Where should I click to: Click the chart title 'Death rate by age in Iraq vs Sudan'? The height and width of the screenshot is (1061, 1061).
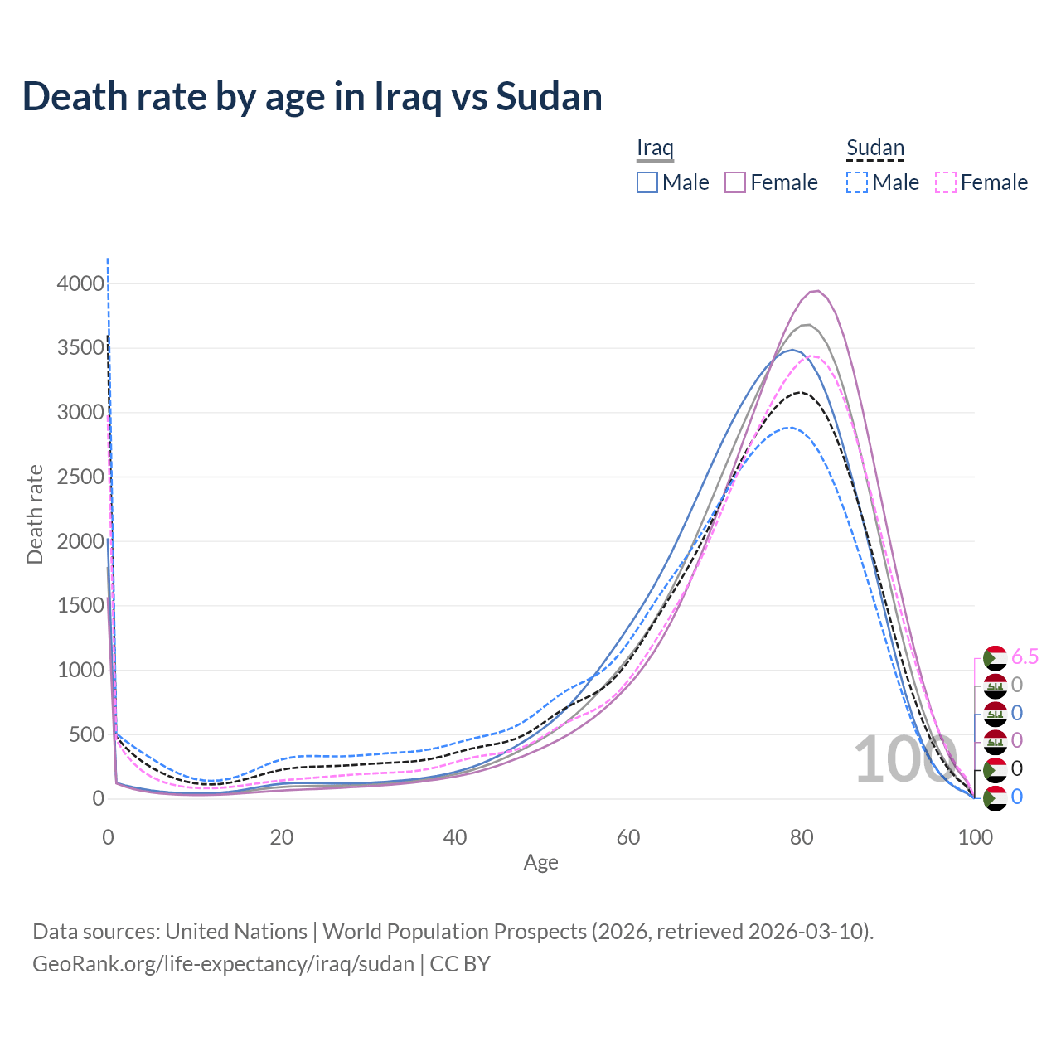[312, 97]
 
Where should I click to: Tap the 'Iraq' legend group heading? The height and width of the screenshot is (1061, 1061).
[655, 148]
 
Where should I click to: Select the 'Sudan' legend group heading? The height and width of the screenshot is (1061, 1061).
[874, 148]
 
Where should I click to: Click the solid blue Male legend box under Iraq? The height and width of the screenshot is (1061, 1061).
[647, 182]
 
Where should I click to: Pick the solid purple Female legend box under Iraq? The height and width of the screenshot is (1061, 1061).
[736, 182]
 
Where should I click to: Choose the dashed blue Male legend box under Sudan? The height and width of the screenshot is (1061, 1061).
[857, 182]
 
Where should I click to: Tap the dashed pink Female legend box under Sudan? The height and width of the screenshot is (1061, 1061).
[946, 182]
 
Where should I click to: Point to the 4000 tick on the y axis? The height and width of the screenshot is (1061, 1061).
[80, 283]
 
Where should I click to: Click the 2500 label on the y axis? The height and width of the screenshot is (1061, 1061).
[80, 477]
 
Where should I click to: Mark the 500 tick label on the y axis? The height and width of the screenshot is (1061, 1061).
[86, 734]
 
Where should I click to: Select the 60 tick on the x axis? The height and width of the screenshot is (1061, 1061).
[628, 837]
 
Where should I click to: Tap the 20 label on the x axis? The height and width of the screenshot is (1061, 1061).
[282, 837]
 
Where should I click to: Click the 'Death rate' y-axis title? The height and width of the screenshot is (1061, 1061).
[35, 514]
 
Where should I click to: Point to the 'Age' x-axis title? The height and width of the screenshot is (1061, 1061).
[541, 862]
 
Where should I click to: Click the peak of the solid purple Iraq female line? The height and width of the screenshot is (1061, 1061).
[816, 291]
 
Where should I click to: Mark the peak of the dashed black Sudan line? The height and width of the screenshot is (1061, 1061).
[800, 392]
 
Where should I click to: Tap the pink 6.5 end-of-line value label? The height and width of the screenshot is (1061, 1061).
[1025, 656]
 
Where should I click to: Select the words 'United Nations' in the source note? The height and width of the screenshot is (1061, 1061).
[236, 932]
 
